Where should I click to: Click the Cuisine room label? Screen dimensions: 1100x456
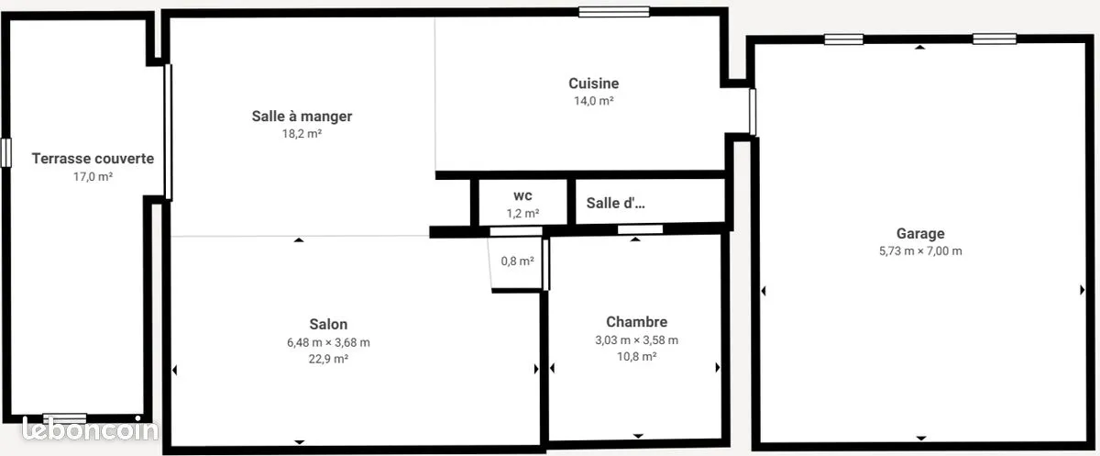pos(594,83)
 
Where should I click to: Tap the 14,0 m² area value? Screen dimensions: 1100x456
pos(594,101)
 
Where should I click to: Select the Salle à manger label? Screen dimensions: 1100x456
pos(302,117)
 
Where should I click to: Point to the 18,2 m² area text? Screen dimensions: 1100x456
pos(302,134)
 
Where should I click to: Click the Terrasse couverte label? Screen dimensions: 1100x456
pos(93,159)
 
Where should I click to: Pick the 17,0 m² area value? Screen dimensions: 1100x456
pos(93,176)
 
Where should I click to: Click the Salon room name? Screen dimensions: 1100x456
pos(328,324)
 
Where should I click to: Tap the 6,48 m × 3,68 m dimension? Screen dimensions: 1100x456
pos(328,342)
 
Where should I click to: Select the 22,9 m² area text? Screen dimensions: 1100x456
pos(328,359)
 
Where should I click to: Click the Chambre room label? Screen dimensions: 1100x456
pos(637,322)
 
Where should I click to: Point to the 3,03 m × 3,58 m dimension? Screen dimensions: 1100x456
pos(637,340)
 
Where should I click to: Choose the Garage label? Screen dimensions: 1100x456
pos(920,233)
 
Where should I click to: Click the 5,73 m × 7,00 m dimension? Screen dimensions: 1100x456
pos(920,251)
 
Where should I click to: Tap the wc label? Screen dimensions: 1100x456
pos(523,196)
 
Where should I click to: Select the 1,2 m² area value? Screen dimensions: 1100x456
pos(523,214)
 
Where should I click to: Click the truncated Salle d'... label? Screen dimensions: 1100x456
pos(616,203)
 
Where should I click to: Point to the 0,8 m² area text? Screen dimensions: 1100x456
pos(518,261)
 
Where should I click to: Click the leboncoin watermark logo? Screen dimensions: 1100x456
pos(91,430)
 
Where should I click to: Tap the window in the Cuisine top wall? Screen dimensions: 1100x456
pos(614,12)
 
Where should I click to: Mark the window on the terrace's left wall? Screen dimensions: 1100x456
pos(5,153)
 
